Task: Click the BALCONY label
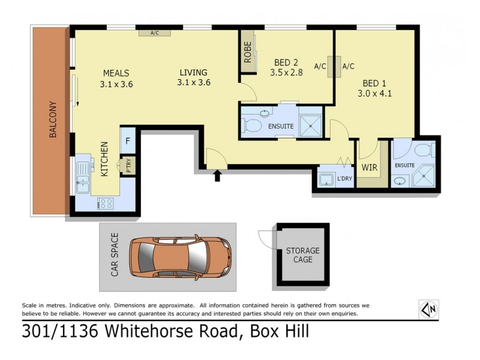pos(52,119)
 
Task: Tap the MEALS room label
pos(116,73)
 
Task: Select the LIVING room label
pos(193,73)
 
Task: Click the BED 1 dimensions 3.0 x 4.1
pos(374,93)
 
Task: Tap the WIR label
pos(370,167)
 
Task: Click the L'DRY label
pos(344,178)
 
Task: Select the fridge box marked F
pos(128,142)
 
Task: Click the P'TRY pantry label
pos(128,165)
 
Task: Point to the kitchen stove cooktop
pos(106,203)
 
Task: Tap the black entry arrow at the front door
pos(217,175)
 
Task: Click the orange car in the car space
pos(180,256)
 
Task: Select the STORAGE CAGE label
pos(302,255)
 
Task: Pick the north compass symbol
pos(429,309)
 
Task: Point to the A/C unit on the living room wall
pos(154,33)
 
